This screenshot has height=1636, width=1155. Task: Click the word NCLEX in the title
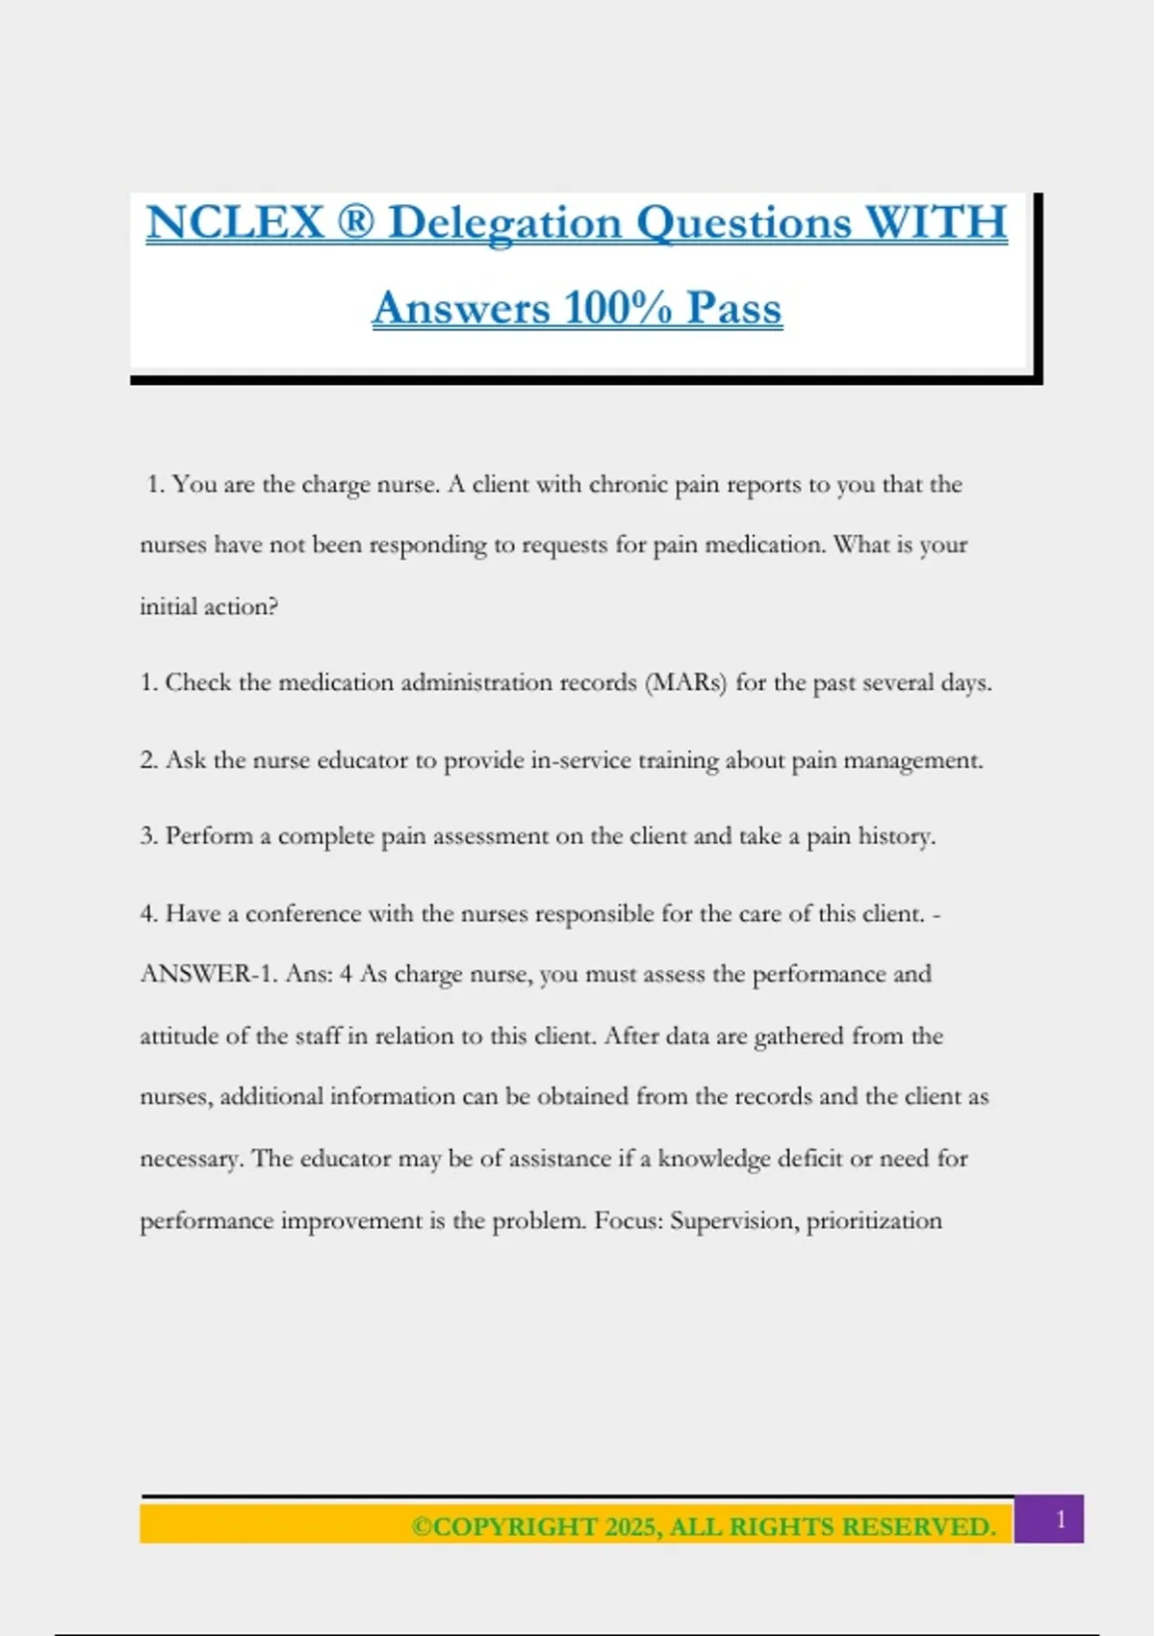[235, 222]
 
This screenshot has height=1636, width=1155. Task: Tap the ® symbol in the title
[355, 222]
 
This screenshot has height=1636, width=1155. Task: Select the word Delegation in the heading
[505, 224]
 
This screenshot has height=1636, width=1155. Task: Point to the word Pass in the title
[733, 308]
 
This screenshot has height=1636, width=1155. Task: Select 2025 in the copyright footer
[629, 1527]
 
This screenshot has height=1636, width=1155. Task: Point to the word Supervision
[733, 1220]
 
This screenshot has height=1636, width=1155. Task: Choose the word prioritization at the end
[874, 1220]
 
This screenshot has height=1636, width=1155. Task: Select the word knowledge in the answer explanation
[713, 1159]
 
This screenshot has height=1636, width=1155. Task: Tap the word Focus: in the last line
[628, 1220]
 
